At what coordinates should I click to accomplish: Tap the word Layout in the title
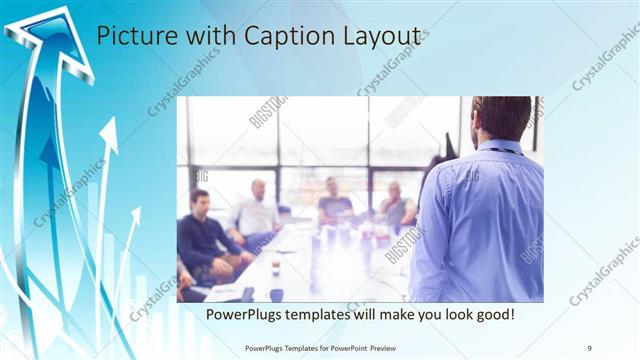(381, 37)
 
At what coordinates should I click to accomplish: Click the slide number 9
(590, 346)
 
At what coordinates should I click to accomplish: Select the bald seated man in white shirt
(257, 210)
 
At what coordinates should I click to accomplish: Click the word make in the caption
(408, 315)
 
